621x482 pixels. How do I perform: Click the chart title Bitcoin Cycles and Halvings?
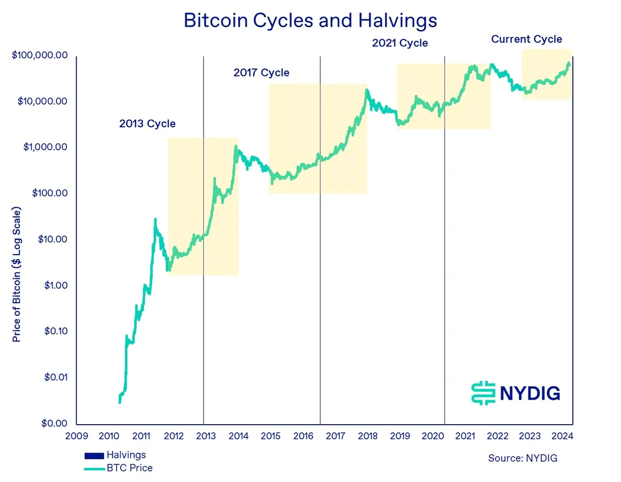pyautogui.click(x=310, y=20)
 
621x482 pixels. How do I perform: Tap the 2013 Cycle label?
pyautogui.click(x=147, y=124)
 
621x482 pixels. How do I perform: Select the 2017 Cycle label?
pyautogui.click(x=261, y=72)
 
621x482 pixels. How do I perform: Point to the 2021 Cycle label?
pyautogui.click(x=400, y=43)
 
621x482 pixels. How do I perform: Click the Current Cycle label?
pyautogui.click(x=527, y=39)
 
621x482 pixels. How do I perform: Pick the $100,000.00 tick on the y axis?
pyautogui.click(x=40, y=56)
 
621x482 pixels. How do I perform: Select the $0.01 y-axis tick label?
pyautogui.click(x=54, y=377)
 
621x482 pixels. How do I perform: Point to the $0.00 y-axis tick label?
pyautogui.click(x=54, y=423)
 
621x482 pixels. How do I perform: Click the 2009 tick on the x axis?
pyautogui.click(x=76, y=435)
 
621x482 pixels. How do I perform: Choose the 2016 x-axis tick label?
pyautogui.click(x=303, y=435)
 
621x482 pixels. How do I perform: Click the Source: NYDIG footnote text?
pyautogui.click(x=522, y=458)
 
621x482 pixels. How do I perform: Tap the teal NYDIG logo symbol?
pyautogui.click(x=482, y=393)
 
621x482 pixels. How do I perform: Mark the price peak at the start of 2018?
pyautogui.click(x=367, y=90)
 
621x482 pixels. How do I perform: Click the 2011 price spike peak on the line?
pyautogui.click(x=155, y=219)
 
